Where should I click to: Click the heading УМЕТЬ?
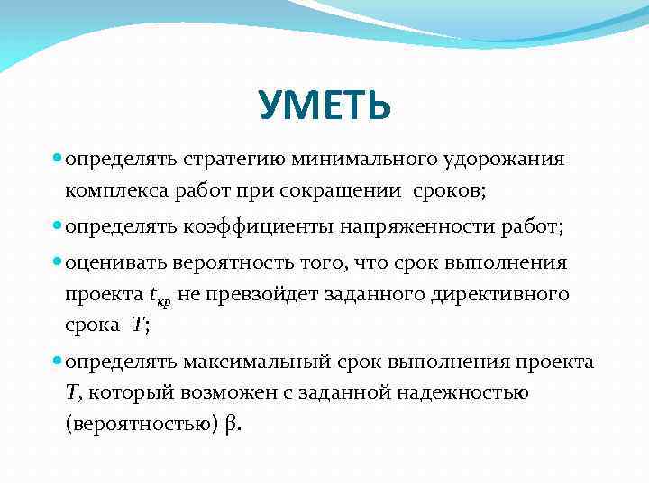(324, 106)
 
